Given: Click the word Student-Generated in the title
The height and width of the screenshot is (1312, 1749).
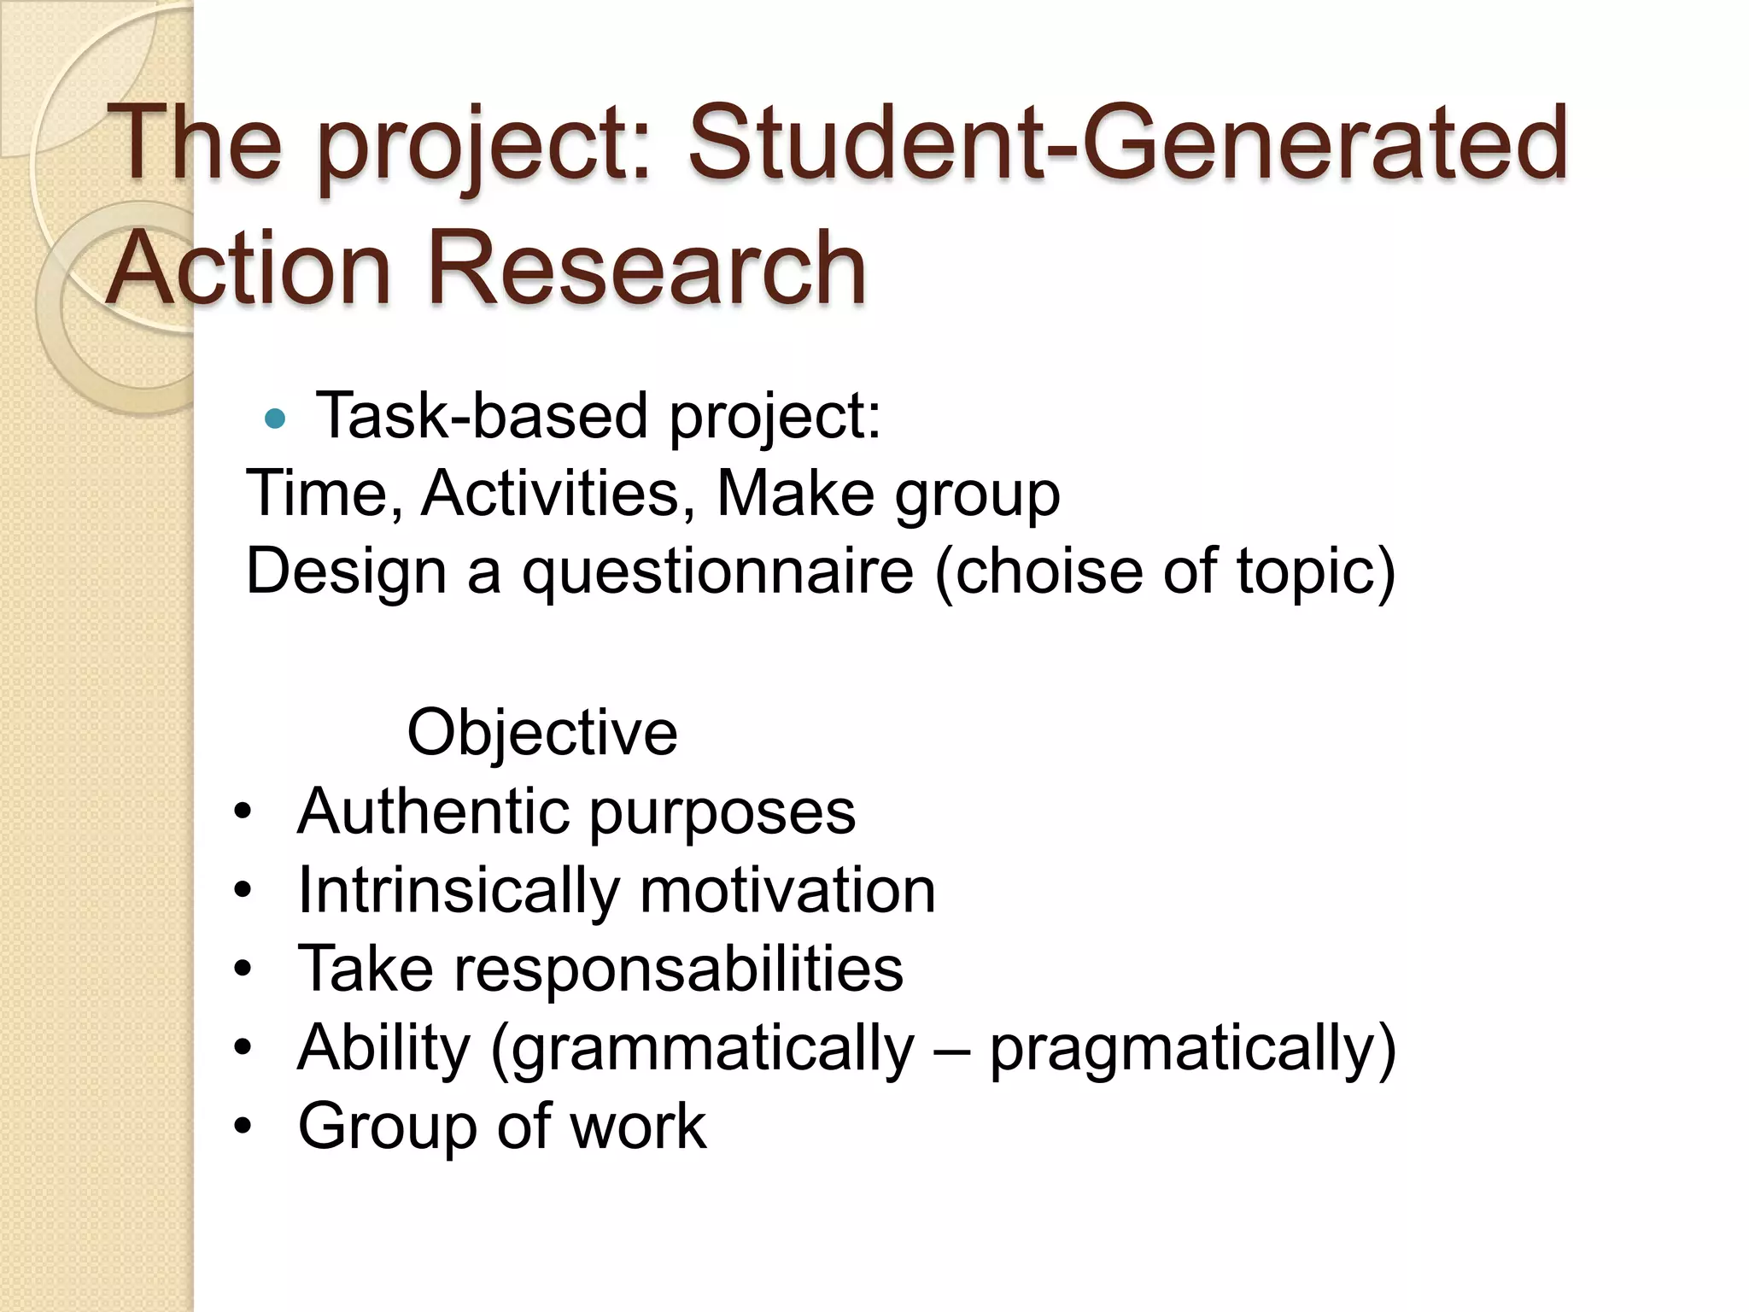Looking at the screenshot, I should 1127,143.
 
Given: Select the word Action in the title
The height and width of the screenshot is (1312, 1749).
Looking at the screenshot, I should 249,268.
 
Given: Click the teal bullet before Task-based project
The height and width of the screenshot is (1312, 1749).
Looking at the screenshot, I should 274,419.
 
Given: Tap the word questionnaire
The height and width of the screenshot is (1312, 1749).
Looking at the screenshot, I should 717,572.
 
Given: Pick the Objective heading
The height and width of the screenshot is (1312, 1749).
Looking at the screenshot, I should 542,733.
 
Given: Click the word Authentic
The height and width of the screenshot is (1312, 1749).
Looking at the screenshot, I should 432,811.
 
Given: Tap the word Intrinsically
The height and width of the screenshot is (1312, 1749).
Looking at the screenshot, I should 458,891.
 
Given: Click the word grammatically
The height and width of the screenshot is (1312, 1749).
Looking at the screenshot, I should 714,1049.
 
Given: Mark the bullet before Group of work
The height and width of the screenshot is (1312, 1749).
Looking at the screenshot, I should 243,1127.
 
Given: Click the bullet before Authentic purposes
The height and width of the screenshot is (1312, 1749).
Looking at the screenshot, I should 243,812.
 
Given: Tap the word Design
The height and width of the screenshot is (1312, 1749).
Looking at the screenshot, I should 346,572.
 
